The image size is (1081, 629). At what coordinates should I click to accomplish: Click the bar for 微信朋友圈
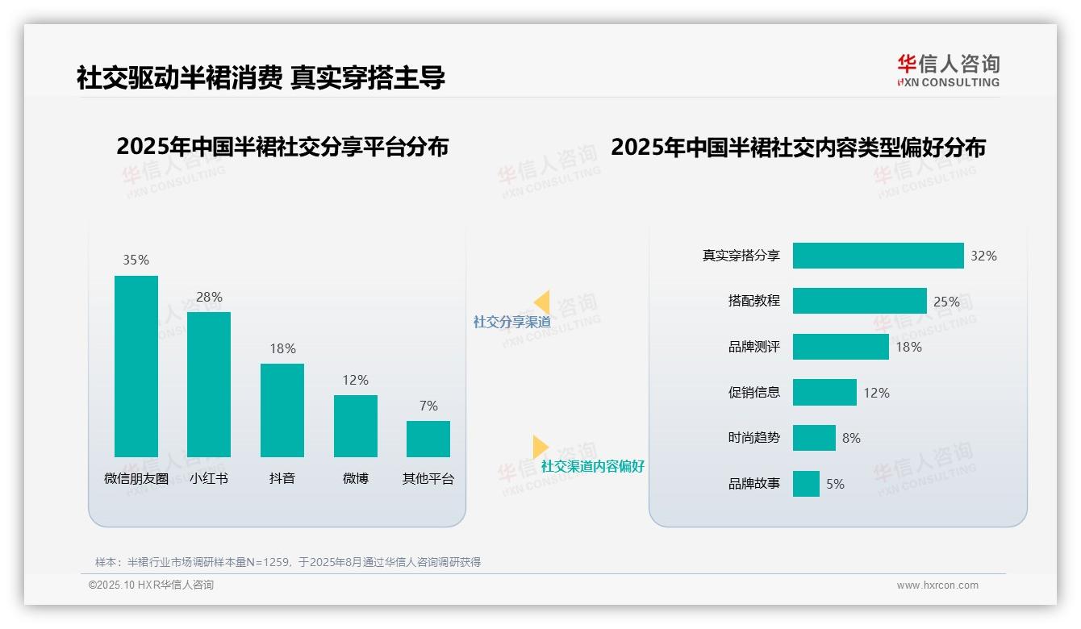pos(136,366)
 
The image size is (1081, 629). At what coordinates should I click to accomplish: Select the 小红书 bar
pos(209,385)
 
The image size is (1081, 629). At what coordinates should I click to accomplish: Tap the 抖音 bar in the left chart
pos(282,410)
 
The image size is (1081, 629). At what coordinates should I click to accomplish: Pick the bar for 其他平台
pos(428,439)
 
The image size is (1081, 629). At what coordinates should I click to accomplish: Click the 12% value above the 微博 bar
pos(355,380)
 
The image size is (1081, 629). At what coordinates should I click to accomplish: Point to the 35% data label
pos(136,260)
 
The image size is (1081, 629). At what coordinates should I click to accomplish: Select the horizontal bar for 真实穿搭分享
pos(878,256)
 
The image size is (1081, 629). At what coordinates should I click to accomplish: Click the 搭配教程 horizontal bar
pos(859,301)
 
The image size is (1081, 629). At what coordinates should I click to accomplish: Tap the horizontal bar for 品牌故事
pos(806,484)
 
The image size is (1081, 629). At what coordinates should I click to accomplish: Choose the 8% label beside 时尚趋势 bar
pos(851,438)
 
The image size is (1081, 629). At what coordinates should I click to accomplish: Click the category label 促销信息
pos(754,393)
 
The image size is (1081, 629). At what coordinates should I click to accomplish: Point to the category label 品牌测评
pos(754,347)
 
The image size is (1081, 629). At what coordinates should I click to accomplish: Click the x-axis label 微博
pos(355,478)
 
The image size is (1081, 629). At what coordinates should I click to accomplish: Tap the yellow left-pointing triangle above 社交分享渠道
pos(542,302)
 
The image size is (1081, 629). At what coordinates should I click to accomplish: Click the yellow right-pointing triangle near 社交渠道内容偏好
pos(540,447)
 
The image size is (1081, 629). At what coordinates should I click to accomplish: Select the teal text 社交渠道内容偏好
pos(592,466)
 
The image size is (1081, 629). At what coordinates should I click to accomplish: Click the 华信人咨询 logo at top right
pos(948,70)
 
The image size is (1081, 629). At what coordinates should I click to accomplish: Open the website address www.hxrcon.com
pos(937,585)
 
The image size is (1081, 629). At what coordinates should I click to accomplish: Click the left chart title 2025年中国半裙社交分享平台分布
pos(282,147)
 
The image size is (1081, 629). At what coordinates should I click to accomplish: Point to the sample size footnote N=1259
pos(288,562)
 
